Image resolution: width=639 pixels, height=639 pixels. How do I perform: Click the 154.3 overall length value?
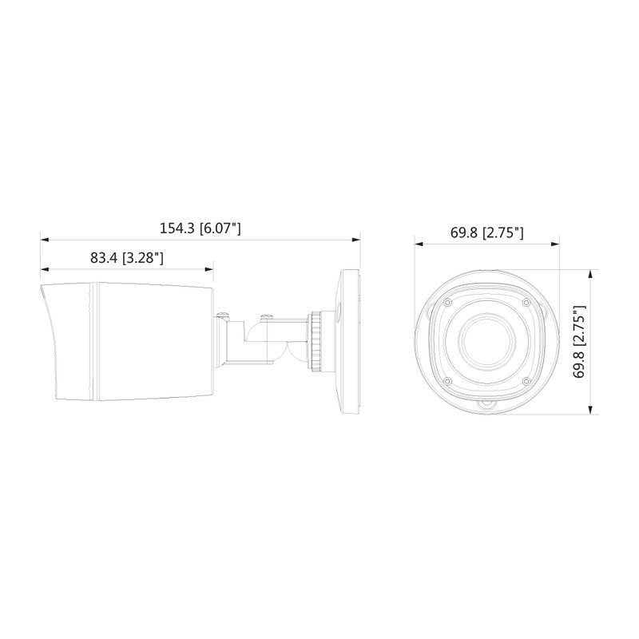click(x=177, y=228)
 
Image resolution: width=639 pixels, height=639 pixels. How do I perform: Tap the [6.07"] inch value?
click(x=220, y=228)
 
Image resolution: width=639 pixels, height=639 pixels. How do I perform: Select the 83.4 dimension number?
click(x=104, y=258)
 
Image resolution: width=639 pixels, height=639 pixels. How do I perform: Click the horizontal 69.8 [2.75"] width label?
click(x=486, y=233)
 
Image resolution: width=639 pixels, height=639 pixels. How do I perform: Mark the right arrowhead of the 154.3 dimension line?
click(x=355, y=238)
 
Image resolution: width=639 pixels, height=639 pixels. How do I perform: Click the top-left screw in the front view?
click(x=447, y=303)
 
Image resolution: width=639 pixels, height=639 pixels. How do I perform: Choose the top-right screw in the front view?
click(x=526, y=303)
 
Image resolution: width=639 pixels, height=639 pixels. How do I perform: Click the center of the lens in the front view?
click(x=486, y=341)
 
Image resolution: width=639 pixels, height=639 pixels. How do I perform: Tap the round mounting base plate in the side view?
click(x=350, y=342)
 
